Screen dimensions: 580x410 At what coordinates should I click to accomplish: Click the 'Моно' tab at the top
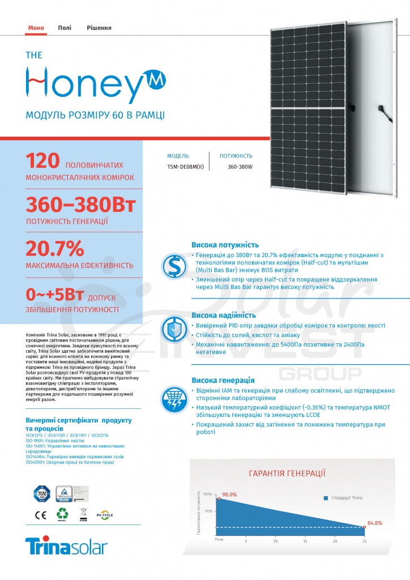[x=36, y=28]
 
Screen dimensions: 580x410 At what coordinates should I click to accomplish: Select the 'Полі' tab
[x=65, y=28]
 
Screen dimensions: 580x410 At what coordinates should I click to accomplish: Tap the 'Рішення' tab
[x=99, y=28]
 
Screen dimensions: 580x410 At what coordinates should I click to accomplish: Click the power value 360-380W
[x=240, y=167]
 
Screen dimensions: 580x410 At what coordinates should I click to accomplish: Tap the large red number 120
[x=42, y=161]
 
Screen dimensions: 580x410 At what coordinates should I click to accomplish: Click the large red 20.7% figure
[x=55, y=249]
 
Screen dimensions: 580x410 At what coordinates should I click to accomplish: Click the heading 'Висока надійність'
[x=223, y=315]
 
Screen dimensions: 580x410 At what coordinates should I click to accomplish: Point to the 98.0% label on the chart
[x=229, y=494]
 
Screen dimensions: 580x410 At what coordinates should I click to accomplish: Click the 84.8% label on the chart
[x=375, y=523]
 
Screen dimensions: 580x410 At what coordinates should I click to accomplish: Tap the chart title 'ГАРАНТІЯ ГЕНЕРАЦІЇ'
[x=287, y=474]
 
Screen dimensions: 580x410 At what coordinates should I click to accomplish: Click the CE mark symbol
[x=41, y=515]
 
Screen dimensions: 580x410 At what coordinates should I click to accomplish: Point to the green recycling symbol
[x=62, y=514]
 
